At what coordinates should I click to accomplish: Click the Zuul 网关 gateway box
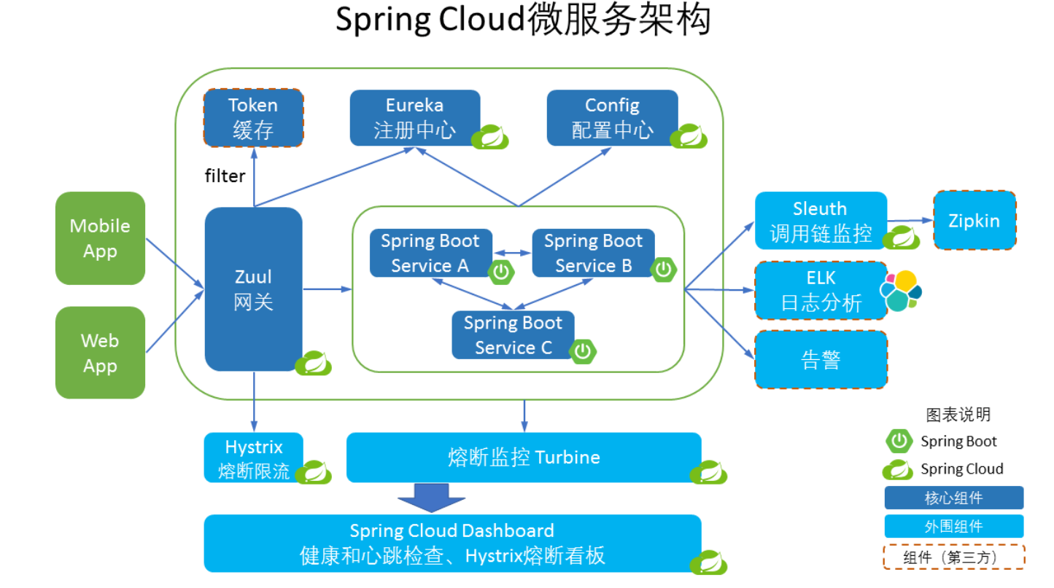click(x=253, y=289)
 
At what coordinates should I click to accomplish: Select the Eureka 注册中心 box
click(x=414, y=117)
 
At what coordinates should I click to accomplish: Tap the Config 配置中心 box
click(x=612, y=117)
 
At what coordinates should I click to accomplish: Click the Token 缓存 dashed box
click(x=253, y=118)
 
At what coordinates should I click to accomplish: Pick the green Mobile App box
click(x=100, y=238)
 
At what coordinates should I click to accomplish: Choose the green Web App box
click(x=100, y=353)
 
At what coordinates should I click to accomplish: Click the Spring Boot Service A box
click(x=430, y=253)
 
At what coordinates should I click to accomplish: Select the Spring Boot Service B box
click(x=592, y=253)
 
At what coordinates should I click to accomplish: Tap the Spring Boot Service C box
click(x=513, y=335)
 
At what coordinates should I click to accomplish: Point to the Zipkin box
click(x=974, y=221)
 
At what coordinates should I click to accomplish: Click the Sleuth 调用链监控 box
click(x=821, y=221)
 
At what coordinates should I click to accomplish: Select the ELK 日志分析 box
click(x=821, y=291)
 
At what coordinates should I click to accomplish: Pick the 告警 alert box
click(x=821, y=360)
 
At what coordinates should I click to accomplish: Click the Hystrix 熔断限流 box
click(x=253, y=458)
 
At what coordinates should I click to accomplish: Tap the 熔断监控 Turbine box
click(x=523, y=458)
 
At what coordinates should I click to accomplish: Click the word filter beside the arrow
click(x=225, y=176)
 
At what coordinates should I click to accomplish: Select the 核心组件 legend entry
click(x=953, y=498)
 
